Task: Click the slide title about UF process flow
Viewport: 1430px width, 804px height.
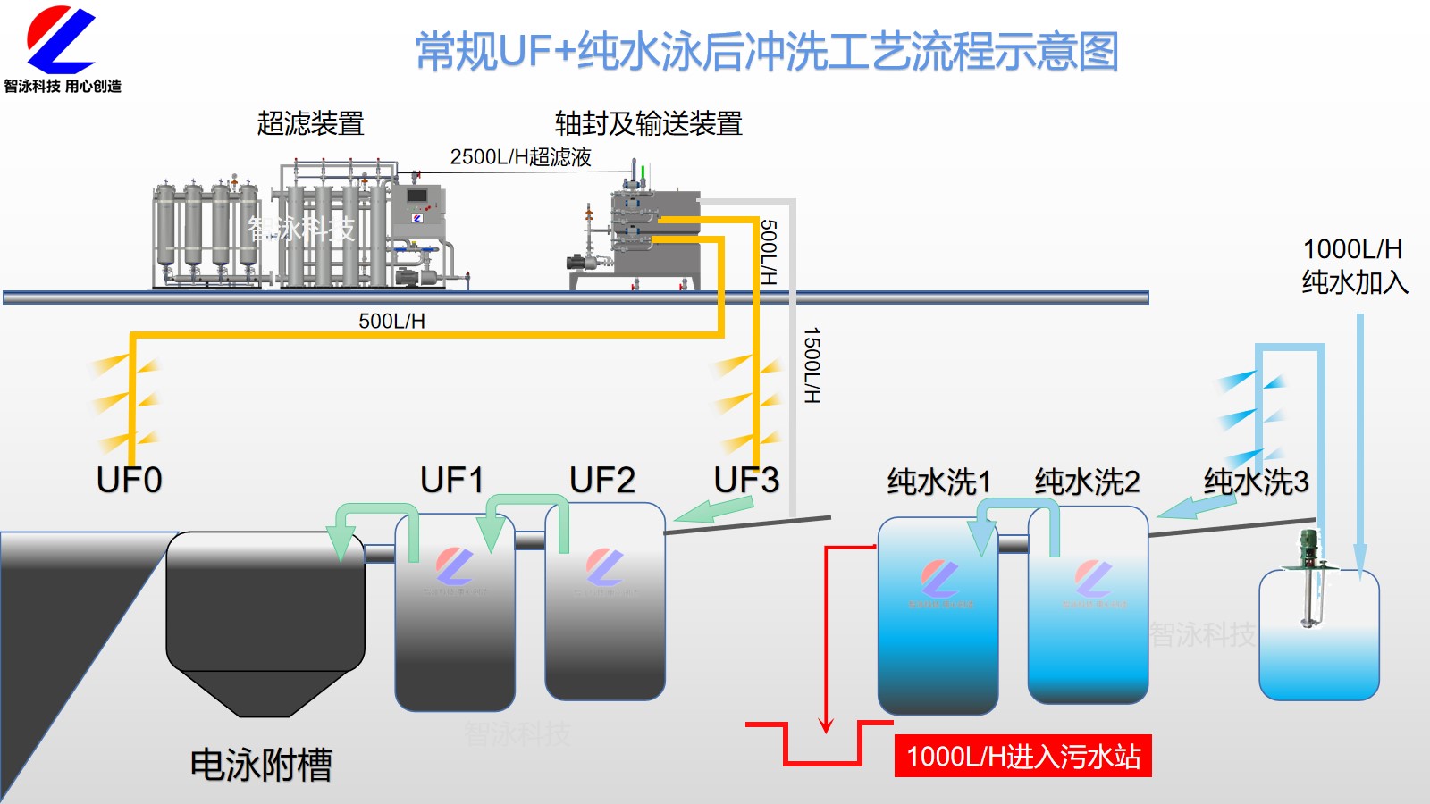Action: pyautogui.click(x=767, y=51)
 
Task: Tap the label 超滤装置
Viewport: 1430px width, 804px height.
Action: pyautogui.click(x=310, y=123)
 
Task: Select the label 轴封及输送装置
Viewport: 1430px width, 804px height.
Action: pyautogui.click(x=648, y=123)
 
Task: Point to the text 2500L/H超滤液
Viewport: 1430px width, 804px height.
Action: pyautogui.click(x=520, y=157)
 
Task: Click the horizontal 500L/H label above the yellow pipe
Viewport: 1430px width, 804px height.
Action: pyautogui.click(x=391, y=321)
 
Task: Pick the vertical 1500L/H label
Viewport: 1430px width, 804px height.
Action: pyautogui.click(x=812, y=364)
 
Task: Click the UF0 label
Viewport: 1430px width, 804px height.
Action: pyautogui.click(x=130, y=481)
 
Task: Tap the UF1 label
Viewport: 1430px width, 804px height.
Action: pyautogui.click(x=452, y=481)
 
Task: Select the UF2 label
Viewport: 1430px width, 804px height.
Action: pyautogui.click(x=602, y=481)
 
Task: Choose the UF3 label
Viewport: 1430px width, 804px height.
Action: pyautogui.click(x=746, y=481)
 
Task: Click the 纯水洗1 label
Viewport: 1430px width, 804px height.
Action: pyautogui.click(x=938, y=482)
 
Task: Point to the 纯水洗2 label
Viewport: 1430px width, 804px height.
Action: pyautogui.click(x=1087, y=482)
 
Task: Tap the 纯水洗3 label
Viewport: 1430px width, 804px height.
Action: pyautogui.click(x=1256, y=482)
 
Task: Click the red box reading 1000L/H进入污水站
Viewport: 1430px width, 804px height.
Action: pyautogui.click(x=1022, y=757)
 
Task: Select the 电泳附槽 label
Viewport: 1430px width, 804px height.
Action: pyautogui.click(x=261, y=765)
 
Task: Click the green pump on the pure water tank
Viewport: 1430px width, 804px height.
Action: pyautogui.click(x=1309, y=547)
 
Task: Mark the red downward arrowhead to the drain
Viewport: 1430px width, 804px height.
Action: pyautogui.click(x=827, y=724)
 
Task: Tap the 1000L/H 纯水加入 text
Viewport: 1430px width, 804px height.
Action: pyautogui.click(x=1354, y=265)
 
